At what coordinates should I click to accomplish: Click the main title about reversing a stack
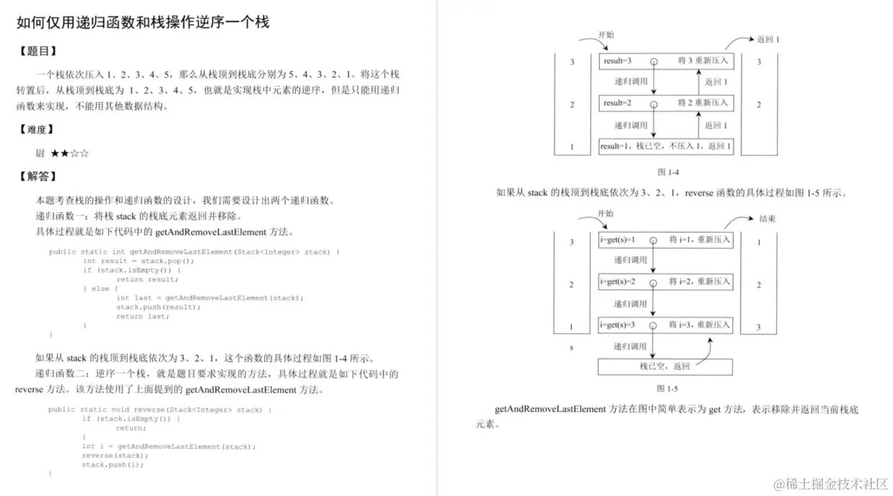[143, 22]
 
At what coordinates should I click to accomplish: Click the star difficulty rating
[70, 153]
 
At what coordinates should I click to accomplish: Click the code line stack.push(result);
[158, 307]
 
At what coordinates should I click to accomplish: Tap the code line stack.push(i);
[112, 464]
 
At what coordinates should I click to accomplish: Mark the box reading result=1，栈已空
[665, 147]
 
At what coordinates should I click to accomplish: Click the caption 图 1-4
[668, 172]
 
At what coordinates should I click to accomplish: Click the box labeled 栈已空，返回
[665, 366]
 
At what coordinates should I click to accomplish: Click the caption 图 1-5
[668, 389]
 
